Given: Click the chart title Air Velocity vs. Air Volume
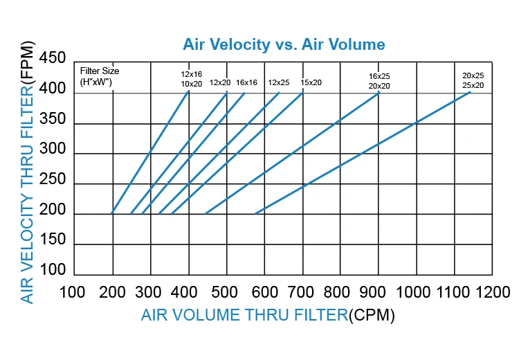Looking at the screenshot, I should (x=284, y=45).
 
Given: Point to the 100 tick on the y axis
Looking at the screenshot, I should (x=53, y=269).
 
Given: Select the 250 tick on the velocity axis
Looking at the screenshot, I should (x=53, y=180).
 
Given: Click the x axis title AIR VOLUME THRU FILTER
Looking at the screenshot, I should (x=244, y=316).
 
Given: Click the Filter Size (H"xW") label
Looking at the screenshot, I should (x=100, y=76).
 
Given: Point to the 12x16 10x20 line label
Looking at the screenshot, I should (x=192, y=78).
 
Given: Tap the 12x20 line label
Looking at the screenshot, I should (x=220, y=82).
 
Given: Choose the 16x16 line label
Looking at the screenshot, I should (x=246, y=82).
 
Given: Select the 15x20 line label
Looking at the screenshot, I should (x=311, y=82).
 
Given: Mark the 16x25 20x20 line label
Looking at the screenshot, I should (x=380, y=80).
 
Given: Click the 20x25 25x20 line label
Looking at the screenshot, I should (x=473, y=80).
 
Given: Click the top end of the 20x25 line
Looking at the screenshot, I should (x=471, y=92).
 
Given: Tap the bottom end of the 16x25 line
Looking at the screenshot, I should (x=206, y=214).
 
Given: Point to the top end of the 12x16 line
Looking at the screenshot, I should (x=188, y=92).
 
